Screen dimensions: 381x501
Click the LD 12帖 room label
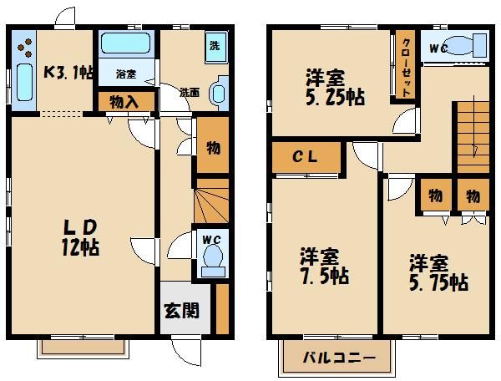82,236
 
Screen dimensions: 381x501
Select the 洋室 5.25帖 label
333,88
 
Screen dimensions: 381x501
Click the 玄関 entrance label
181,311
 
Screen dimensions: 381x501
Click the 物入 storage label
127,101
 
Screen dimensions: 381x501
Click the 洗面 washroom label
190,92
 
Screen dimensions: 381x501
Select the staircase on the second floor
468,134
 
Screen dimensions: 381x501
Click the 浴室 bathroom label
126,74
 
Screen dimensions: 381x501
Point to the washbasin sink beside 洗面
219,92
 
